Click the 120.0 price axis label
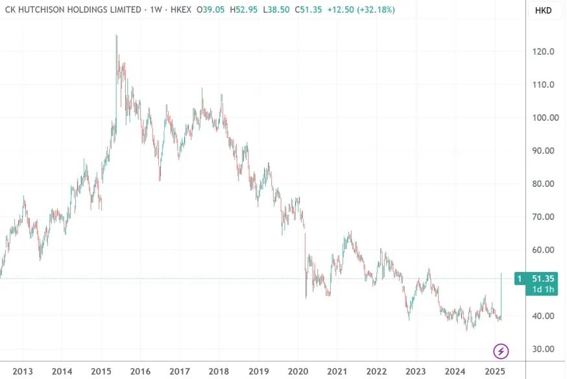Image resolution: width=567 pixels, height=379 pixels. point(541,52)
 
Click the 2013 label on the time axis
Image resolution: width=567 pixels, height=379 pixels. point(23,371)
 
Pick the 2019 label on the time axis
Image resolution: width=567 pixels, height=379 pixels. point(258,371)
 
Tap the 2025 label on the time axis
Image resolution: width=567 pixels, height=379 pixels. point(494,371)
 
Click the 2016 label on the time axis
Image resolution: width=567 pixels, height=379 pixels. point(140,371)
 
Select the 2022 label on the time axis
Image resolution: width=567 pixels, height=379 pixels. point(376,371)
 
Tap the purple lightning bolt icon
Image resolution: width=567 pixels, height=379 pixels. point(501,351)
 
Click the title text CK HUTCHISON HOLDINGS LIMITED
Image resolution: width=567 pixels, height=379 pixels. point(73,10)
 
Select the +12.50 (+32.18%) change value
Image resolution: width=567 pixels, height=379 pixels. point(363,10)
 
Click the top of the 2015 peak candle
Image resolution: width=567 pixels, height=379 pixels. point(116,36)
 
